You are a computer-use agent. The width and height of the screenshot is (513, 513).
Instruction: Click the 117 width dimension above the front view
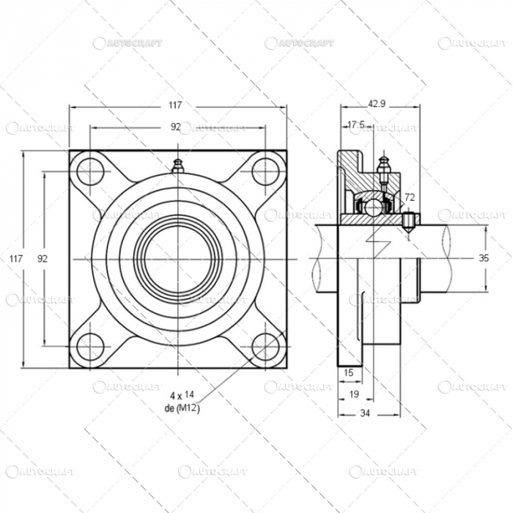[x=178, y=106]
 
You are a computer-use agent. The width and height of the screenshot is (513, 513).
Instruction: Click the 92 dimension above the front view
[x=176, y=127]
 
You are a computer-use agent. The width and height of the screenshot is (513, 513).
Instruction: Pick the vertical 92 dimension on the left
[x=42, y=259]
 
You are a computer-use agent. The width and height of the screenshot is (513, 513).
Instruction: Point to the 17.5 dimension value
[x=356, y=125]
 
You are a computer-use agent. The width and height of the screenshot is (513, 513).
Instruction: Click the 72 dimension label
[x=410, y=197]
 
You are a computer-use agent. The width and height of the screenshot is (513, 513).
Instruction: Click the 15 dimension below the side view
[x=348, y=372]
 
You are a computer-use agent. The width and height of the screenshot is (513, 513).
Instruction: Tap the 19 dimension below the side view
[x=354, y=394]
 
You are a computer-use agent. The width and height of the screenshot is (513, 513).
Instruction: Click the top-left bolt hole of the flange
[x=89, y=171]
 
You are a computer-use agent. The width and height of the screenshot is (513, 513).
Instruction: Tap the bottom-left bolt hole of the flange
[x=89, y=347]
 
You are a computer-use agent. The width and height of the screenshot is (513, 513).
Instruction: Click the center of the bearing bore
[x=177, y=259]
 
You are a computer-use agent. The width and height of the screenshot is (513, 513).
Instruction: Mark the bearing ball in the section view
[x=373, y=207]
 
